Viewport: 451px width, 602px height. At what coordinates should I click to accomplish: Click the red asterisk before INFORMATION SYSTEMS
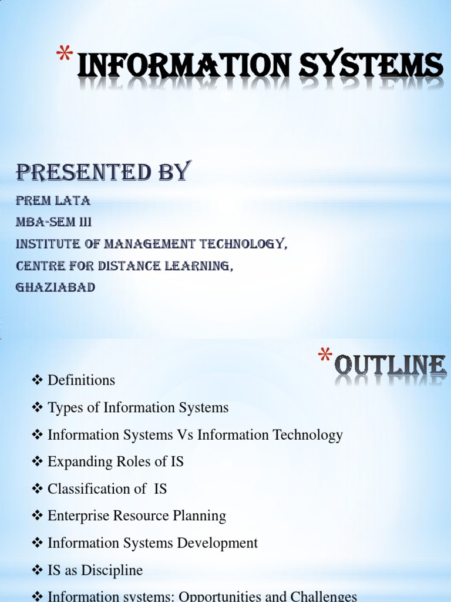pyautogui.click(x=65, y=58)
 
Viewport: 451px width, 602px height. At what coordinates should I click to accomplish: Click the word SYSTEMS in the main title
pyautogui.click(x=371, y=66)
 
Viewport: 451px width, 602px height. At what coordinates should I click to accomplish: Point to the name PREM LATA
pyautogui.click(x=53, y=201)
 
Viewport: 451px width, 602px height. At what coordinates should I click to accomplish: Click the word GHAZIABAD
pyautogui.click(x=56, y=288)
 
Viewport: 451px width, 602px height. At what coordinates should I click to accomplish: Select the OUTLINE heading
pyautogui.click(x=391, y=366)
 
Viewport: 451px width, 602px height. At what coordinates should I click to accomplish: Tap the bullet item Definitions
pyautogui.click(x=81, y=380)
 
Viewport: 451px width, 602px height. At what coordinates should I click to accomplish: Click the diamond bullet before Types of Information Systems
pyautogui.click(x=38, y=407)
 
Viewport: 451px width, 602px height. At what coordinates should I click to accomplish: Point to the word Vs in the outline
pyautogui.click(x=185, y=435)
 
